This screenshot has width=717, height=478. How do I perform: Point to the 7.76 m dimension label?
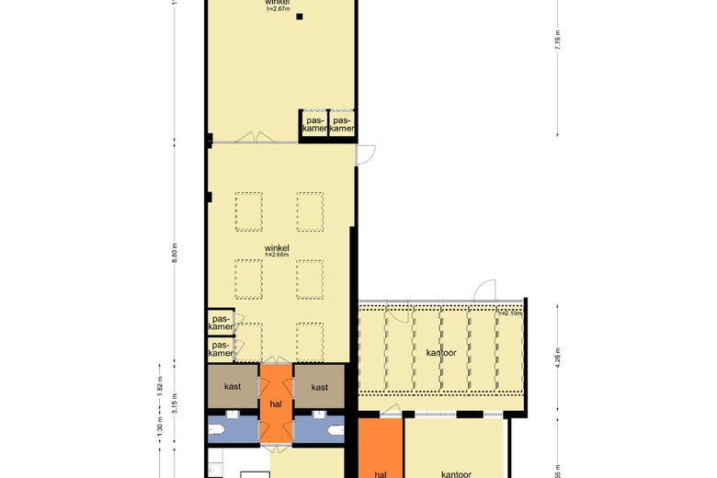557,41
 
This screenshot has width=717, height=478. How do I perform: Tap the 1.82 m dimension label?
159,385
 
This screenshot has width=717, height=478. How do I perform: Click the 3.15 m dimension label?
174,405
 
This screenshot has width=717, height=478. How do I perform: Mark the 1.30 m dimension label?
159,428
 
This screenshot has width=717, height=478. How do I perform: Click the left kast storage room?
233,387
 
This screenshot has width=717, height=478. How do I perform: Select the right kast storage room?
319,387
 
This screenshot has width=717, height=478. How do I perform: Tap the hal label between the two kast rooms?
276,404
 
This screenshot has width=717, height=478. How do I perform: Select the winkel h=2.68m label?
277,251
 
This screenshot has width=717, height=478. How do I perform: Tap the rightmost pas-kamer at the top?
343,125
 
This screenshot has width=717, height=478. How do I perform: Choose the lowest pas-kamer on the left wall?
220,349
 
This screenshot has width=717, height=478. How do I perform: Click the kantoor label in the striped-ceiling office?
441,352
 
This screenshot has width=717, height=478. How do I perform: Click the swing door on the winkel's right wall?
365,155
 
